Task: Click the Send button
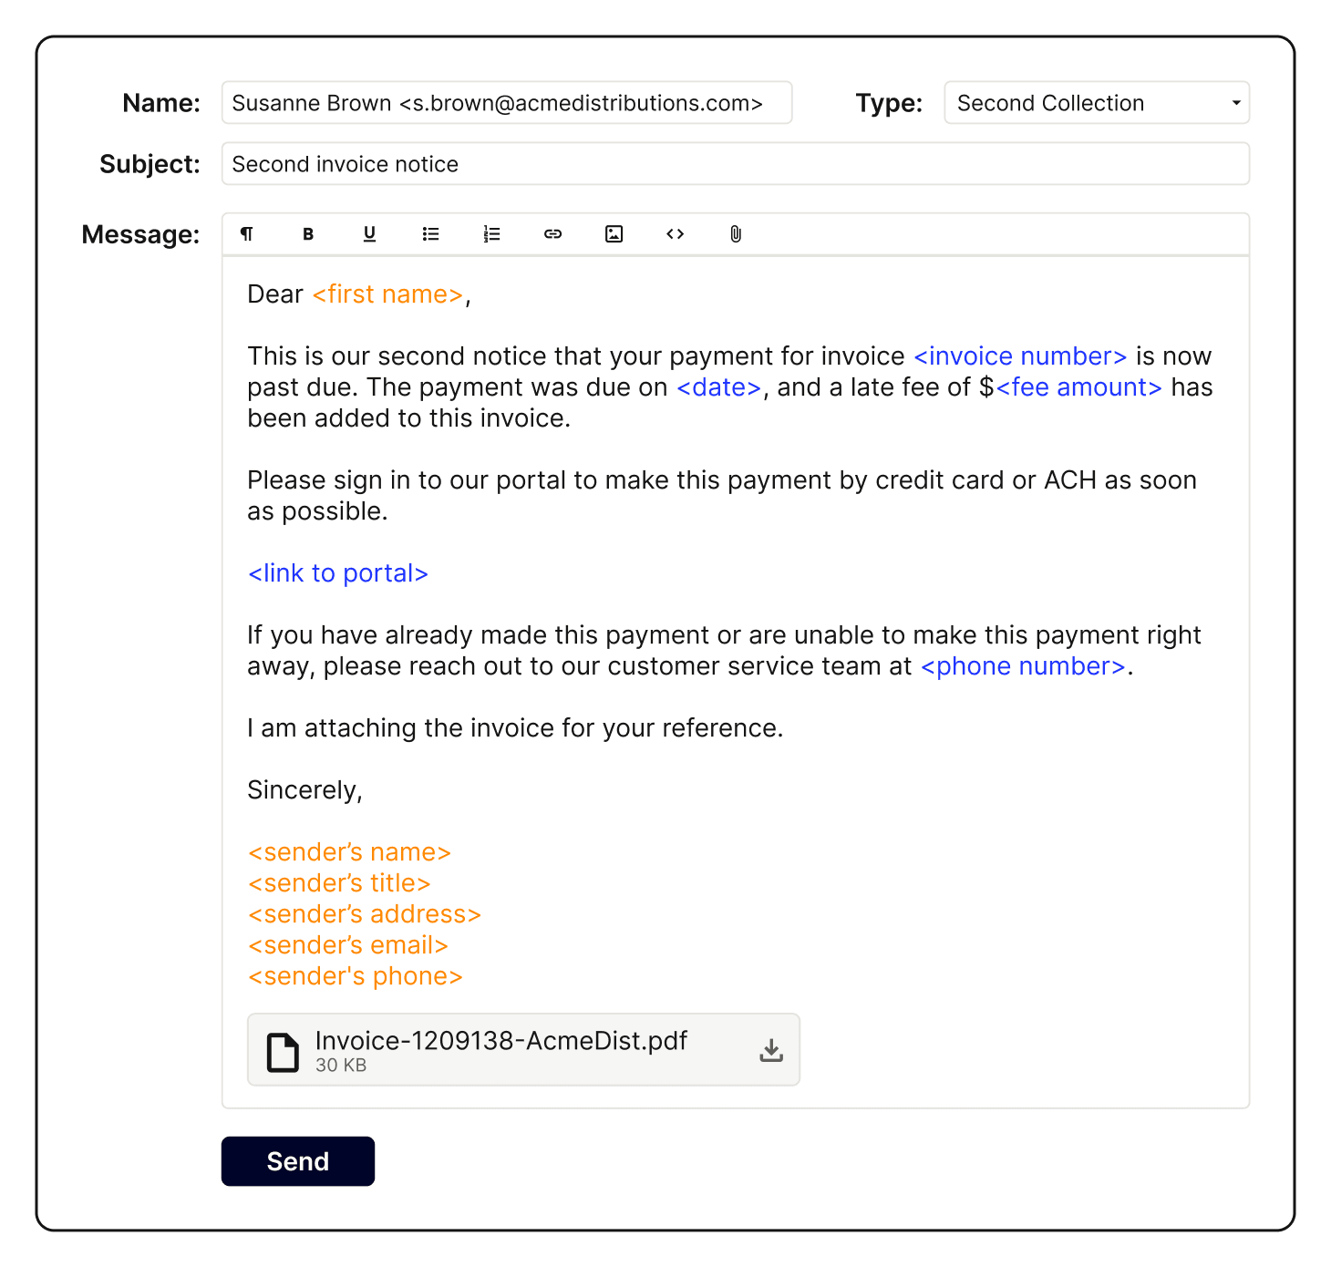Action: tap(297, 1161)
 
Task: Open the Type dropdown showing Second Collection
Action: tap(1096, 103)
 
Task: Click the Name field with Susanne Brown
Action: tap(506, 103)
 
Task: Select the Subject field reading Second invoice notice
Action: tap(735, 164)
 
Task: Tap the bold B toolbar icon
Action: tap(308, 234)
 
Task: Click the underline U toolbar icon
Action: tap(369, 234)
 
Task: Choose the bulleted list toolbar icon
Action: tap(430, 234)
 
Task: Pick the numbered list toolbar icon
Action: tap(491, 234)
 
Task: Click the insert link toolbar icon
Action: tap(552, 234)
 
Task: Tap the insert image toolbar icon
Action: tap(614, 234)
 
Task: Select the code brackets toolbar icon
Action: tap(675, 234)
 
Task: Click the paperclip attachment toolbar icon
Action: tap(736, 234)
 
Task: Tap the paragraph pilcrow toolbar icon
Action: tap(247, 234)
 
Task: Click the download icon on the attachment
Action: tap(771, 1050)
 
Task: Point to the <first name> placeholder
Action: tap(387, 294)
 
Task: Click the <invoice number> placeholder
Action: tap(1020, 356)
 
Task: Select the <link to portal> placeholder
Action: tap(338, 573)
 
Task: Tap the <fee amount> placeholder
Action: tap(1078, 387)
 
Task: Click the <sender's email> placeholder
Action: tap(348, 945)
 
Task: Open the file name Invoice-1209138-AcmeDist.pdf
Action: tap(500, 1041)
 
